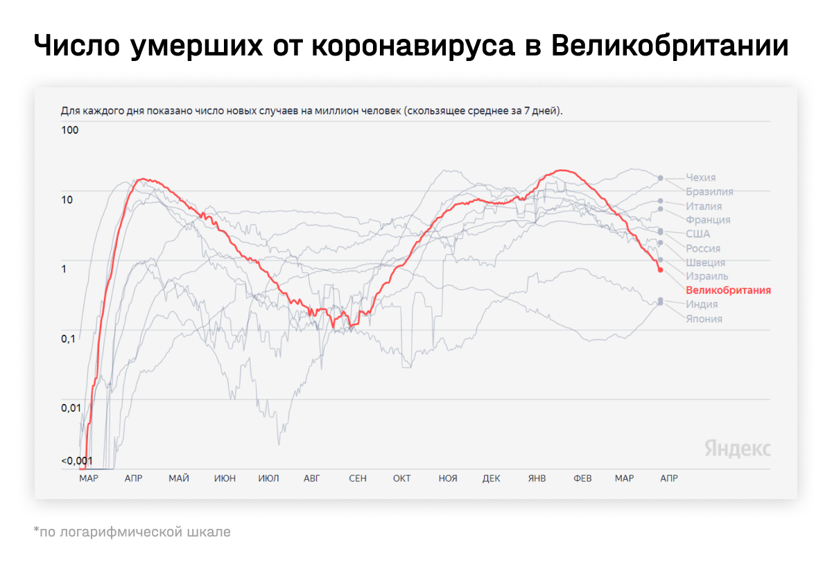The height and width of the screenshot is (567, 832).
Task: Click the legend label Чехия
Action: [x=700, y=177]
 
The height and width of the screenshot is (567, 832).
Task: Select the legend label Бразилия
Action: [x=709, y=192]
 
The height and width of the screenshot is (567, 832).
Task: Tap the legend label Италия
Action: [x=704, y=206]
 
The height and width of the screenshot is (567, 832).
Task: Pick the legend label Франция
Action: [x=708, y=220]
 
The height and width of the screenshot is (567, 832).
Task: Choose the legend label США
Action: [x=698, y=234]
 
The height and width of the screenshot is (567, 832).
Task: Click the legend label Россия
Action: [x=703, y=248]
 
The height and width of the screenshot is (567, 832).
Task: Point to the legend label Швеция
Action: [x=705, y=262]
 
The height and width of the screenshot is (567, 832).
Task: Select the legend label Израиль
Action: [x=707, y=276]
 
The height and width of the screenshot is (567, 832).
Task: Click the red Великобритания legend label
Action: [x=728, y=290]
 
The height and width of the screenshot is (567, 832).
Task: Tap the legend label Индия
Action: [x=702, y=304]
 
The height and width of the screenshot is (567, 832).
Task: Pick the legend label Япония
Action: [x=704, y=319]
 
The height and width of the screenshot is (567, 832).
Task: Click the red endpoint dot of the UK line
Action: [x=660, y=270]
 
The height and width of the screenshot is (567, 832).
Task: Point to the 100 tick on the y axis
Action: [x=70, y=130]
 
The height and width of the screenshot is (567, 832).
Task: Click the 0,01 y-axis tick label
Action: [x=71, y=408]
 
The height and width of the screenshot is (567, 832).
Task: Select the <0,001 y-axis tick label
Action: [x=76, y=461]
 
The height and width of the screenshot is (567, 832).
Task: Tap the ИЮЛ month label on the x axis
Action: [x=268, y=478]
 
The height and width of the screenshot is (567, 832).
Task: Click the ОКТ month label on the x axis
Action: [x=402, y=478]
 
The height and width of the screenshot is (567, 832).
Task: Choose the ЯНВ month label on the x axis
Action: [x=537, y=478]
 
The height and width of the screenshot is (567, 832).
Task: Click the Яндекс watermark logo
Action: [x=737, y=448]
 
